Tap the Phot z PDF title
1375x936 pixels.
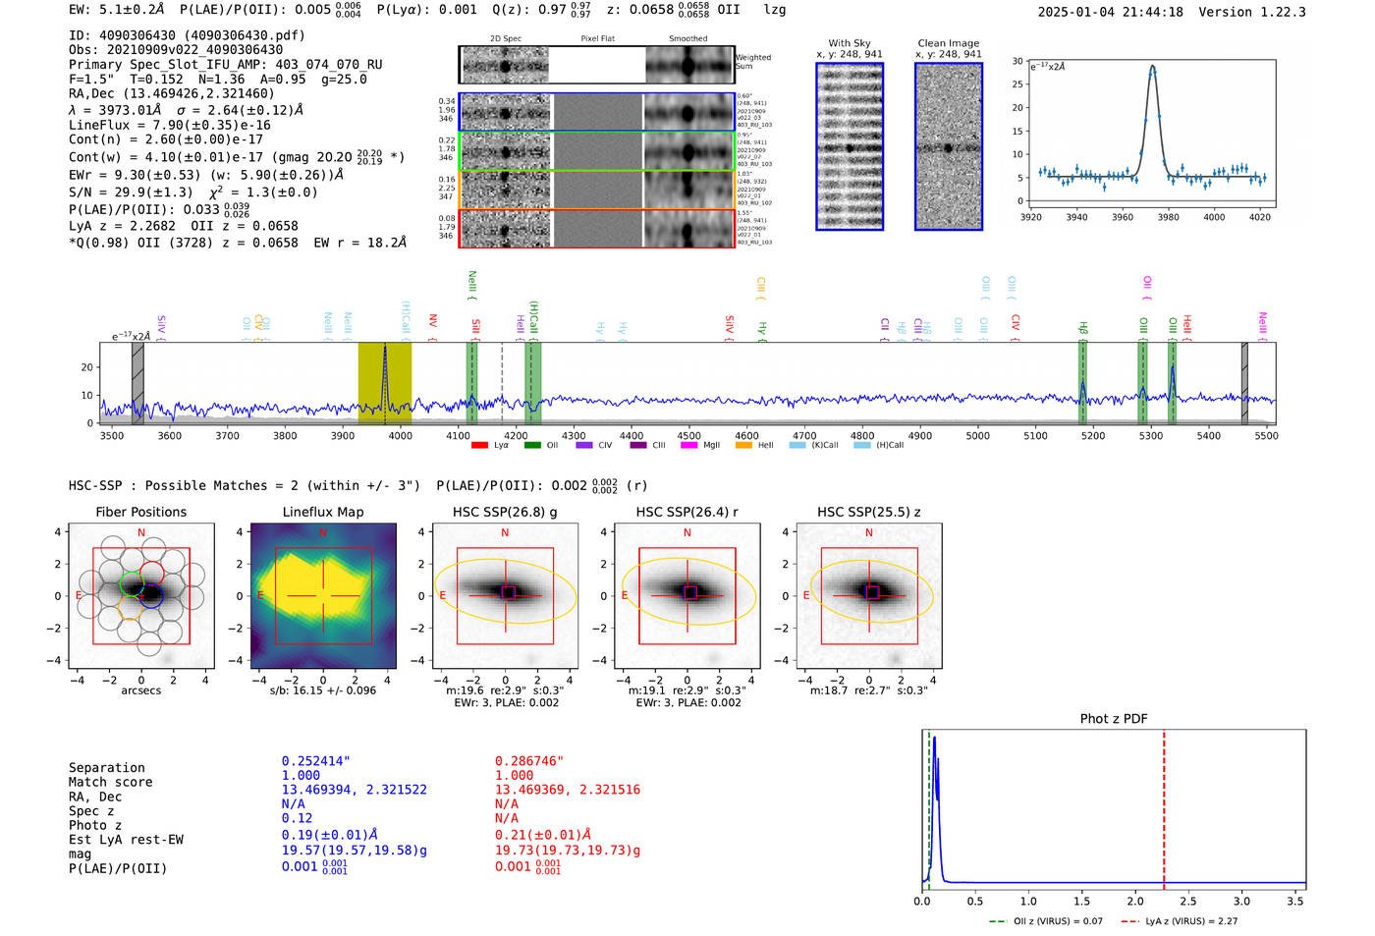pos(1114,719)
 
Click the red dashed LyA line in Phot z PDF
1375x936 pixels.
pos(1164,805)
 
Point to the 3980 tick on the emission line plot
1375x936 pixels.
pos(1168,217)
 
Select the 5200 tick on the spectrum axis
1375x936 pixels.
pos(1092,435)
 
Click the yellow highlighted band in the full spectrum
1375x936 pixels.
pos(384,383)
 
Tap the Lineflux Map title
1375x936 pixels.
pos(322,512)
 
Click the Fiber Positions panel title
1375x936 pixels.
pos(140,512)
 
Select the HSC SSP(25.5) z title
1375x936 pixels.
pos(868,512)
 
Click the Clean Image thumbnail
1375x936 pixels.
pos(948,146)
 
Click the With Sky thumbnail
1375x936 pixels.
pos(849,146)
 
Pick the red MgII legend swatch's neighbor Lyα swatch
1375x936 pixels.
pos(480,445)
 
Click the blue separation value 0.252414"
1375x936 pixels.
pos(315,761)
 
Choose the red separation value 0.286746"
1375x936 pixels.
pos(529,761)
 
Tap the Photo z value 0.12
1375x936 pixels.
pos(297,818)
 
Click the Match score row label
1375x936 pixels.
pos(110,782)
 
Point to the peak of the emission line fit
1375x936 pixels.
pos(1152,67)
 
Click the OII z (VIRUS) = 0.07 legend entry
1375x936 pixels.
pos(1046,921)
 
